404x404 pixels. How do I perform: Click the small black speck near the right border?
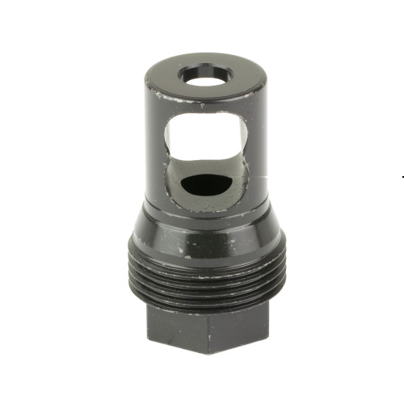[402, 175]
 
